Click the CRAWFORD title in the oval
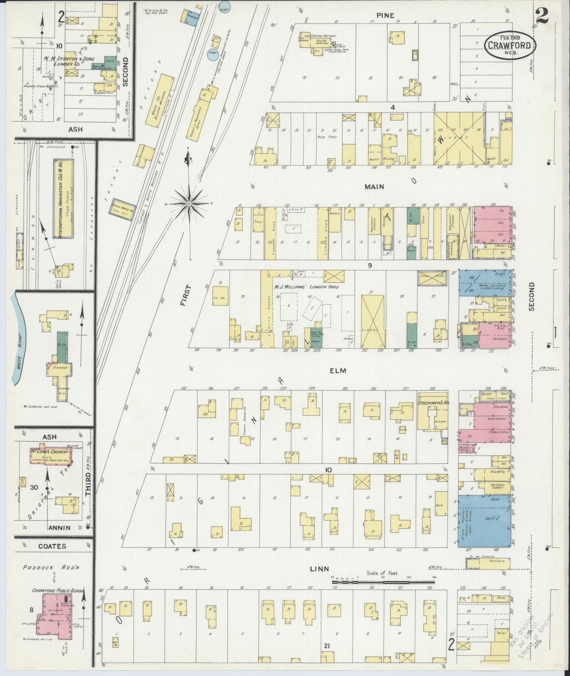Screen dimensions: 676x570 pyautogui.click(x=510, y=45)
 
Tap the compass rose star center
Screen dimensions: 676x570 pyautogui.click(x=189, y=204)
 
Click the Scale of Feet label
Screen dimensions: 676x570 pyautogui.click(x=382, y=573)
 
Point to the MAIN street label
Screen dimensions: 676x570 pyautogui.click(x=374, y=186)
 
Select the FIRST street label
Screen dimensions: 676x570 pyautogui.click(x=184, y=296)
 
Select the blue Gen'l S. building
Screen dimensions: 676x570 pyautogui.click(x=485, y=519)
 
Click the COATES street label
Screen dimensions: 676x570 pyautogui.click(x=52, y=546)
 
